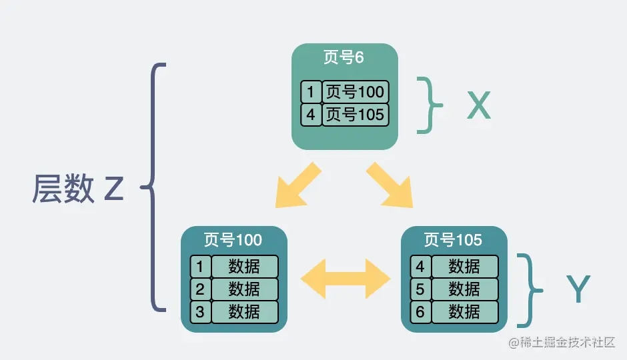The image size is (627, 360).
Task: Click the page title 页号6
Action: click(344, 57)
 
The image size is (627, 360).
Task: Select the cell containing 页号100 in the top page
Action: click(355, 91)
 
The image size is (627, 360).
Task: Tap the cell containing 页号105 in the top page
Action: click(355, 114)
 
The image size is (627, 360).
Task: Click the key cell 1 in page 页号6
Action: click(311, 91)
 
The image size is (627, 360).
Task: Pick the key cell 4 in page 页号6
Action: click(311, 114)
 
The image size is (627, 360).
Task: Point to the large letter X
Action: click(478, 105)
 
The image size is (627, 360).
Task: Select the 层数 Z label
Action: click(78, 189)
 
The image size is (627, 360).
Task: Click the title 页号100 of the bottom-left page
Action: click(233, 239)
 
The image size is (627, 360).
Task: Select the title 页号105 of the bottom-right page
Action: click(453, 239)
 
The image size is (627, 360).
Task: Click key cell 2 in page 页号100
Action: click(200, 289)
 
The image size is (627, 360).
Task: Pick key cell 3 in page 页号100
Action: click(200, 311)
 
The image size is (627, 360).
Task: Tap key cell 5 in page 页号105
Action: click(420, 289)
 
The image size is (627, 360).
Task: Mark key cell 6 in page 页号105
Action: click(420, 311)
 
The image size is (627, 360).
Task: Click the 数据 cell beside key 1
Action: click(244, 267)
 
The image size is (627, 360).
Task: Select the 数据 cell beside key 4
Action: click(464, 267)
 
